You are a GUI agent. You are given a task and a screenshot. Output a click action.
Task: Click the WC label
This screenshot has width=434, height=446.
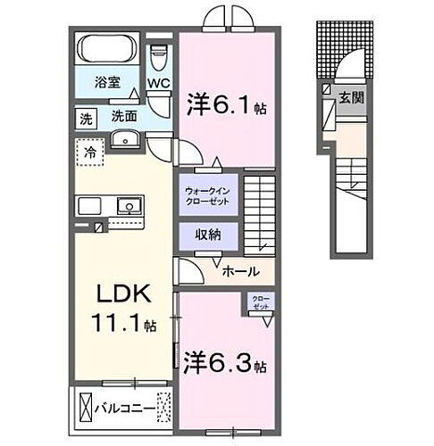point(158,84)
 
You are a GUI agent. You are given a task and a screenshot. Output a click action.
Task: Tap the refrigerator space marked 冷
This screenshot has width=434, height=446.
point(90,153)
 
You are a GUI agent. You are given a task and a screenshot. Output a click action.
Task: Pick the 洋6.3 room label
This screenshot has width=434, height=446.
point(223,364)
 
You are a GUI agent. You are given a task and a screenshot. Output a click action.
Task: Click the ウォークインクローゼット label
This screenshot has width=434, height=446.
point(207,196)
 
